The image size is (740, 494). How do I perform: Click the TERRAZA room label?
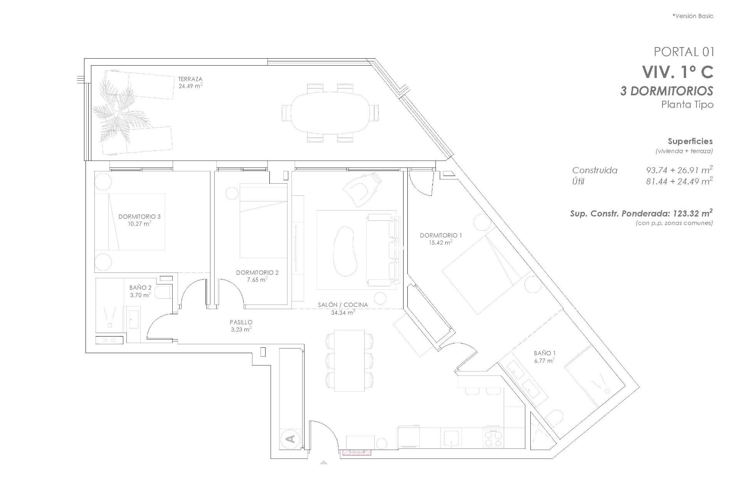pyautogui.click(x=190, y=79)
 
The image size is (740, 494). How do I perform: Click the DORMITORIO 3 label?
pyautogui.click(x=139, y=217)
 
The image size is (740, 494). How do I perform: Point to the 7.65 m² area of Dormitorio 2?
pyautogui.click(x=257, y=279)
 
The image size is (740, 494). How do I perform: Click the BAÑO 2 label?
pyautogui.click(x=140, y=288)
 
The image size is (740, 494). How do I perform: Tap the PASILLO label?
pyautogui.click(x=241, y=322)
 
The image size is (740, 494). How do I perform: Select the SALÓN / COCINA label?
pyautogui.click(x=343, y=305)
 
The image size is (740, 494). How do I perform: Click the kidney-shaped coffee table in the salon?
pyautogui.click(x=344, y=250)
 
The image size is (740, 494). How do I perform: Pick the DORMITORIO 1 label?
pyautogui.click(x=441, y=235)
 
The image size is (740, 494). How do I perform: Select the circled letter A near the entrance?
pyautogui.click(x=291, y=439)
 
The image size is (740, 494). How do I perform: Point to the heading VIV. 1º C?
pyautogui.click(x=677, y=72)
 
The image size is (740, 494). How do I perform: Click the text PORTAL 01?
pyautogui.click(x=683, y=52)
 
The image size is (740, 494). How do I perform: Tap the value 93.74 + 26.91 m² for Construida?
pyautogui.click(x=679, y=170)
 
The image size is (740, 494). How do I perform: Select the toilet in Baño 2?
pyautogui.click(x=163, y=292)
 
